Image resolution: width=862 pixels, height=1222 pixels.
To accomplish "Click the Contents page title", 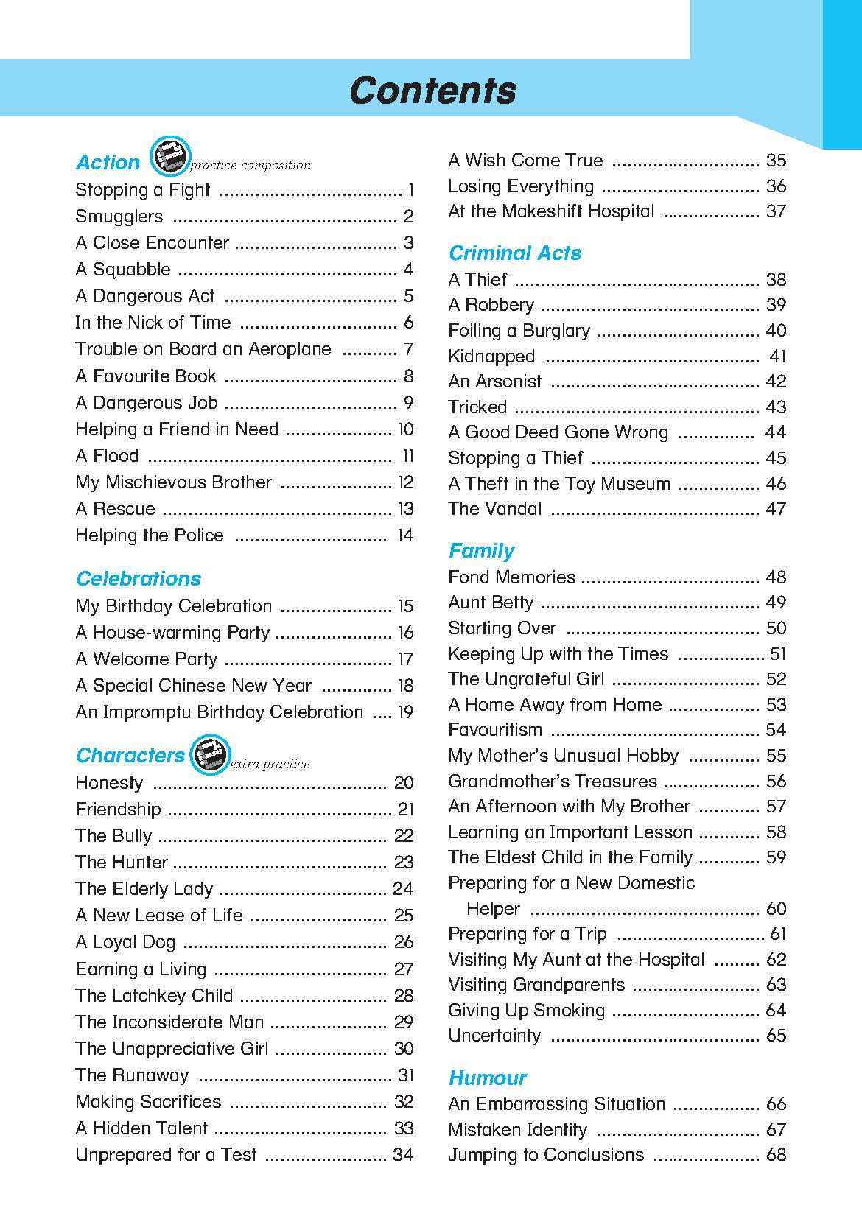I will (432, 91).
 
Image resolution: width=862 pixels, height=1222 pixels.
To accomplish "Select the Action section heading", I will (108, 162).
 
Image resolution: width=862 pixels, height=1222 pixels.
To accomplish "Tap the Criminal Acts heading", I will (514, 253).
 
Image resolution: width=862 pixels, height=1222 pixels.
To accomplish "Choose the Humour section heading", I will (487, 1078).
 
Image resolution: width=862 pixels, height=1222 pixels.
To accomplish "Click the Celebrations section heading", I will (139, 578).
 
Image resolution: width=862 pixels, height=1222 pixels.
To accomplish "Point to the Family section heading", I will (481, 550).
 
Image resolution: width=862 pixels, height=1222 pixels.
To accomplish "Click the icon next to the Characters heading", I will (209, 754).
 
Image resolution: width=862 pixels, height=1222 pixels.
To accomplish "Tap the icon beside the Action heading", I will (169, 156).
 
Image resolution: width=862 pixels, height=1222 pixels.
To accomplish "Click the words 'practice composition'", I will (250, 165).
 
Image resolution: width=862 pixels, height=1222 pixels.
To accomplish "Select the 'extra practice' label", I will (270, 764).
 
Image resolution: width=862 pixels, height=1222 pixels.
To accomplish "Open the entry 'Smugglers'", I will (119, 217).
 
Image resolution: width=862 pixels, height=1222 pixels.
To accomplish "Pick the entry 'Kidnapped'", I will (491, 357).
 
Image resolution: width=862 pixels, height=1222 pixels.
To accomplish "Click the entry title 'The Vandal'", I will (494, 509).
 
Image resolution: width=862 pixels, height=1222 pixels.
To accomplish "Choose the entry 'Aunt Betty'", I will (491, 603).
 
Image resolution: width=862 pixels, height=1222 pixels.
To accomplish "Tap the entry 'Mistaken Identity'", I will (518, 1129).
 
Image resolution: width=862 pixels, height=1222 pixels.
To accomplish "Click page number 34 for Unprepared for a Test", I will (403, 1154).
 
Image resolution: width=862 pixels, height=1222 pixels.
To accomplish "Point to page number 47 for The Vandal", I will (776, 509).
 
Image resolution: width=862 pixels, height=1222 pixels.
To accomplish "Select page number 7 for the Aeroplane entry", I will (408, 349).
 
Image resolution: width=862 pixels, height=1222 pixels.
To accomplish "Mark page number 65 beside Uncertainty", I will (776, 1035).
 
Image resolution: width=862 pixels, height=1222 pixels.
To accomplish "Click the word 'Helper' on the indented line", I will (493, 909).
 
